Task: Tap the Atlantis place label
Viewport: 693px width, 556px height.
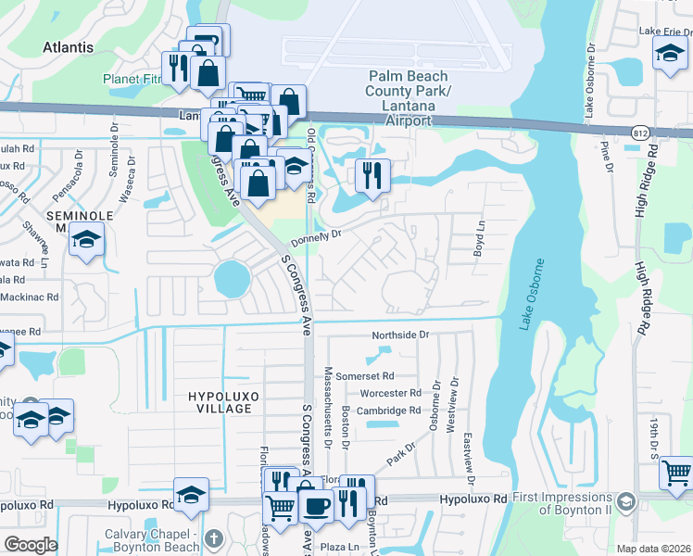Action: coord(68,46)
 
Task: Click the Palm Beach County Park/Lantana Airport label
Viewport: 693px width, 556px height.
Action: coord(408,98)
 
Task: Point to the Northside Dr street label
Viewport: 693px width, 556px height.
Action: coord(401,334)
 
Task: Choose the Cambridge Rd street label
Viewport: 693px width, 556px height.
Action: coord(389,411)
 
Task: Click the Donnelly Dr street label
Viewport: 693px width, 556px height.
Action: coord(316,239)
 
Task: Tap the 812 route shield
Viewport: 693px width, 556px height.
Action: coord(641,133)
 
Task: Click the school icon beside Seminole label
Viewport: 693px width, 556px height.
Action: coord(87,240)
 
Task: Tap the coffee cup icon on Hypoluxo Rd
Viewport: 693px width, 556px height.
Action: coord(317,506)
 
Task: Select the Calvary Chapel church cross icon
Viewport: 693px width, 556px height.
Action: coord(213,538)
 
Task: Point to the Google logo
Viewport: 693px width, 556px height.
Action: coord(31,545)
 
